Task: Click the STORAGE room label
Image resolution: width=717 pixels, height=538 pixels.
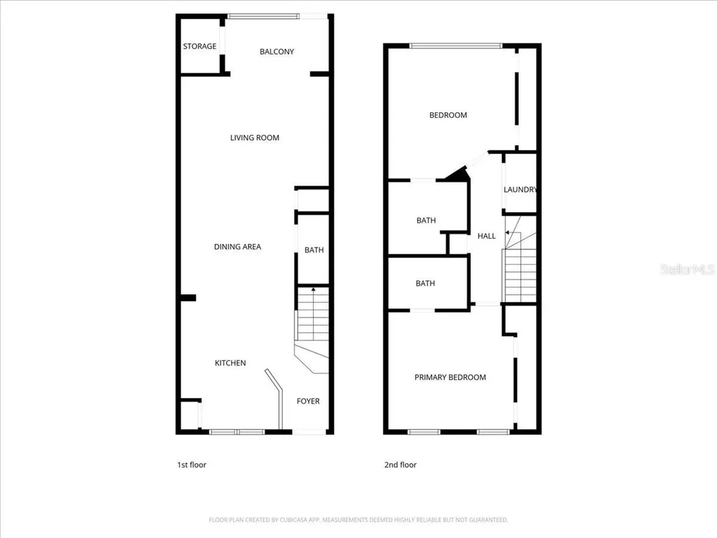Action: (x=200, y=46)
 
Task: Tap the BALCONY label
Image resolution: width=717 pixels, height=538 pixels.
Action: (x=277, y=51)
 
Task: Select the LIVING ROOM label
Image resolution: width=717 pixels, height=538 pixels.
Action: (x=255, y=138)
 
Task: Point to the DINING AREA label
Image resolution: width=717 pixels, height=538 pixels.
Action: (x=237, y=247)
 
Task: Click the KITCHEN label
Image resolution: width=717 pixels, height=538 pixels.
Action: (x=230, y=363)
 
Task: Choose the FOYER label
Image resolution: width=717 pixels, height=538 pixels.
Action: (x=308, y=401)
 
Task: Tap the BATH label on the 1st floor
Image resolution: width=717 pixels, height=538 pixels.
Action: (x=314, y=250)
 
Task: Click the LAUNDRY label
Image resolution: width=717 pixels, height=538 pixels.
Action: (x=520, y=190)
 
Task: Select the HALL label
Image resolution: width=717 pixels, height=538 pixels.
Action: (x=487, y=236)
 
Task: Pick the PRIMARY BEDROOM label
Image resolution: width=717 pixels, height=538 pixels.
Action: (x=450, y=378)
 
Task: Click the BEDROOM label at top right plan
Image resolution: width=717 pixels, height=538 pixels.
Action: (x=448, y=115)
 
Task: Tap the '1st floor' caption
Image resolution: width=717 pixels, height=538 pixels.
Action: (x=191, y=464)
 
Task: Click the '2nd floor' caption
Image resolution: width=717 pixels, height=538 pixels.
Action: (x=401, y=464)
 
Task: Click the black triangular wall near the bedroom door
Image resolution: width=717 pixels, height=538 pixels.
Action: (x=459, y=174)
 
